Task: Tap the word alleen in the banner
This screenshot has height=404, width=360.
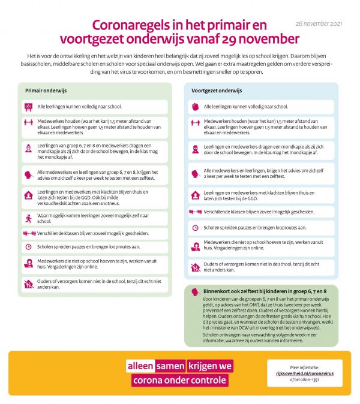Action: [140, 366]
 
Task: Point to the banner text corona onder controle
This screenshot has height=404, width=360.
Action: [179, 380]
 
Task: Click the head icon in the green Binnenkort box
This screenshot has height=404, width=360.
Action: [194, 291]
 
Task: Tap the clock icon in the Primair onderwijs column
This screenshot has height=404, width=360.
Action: [28, 246]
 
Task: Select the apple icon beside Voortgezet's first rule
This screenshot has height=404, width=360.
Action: [194, 107]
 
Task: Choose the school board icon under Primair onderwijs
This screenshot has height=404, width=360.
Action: [28, 107]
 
